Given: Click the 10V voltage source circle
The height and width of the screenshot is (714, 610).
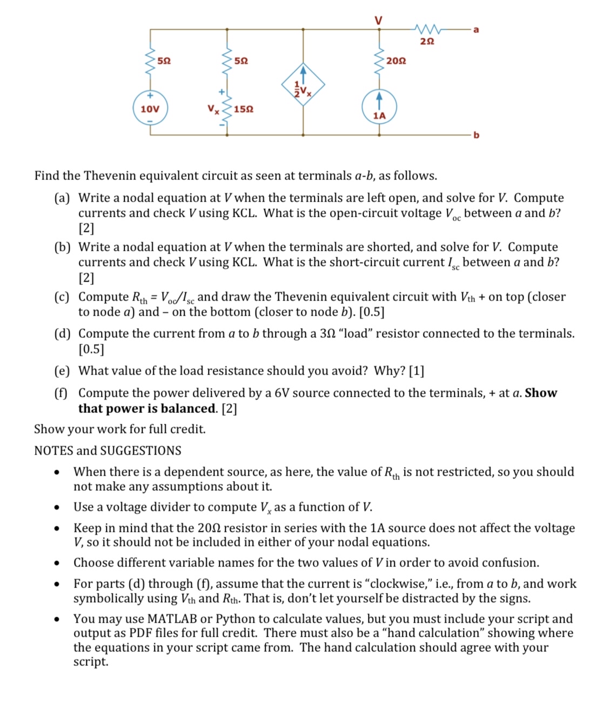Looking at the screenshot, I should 150,109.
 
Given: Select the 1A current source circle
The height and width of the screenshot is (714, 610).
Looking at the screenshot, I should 379,108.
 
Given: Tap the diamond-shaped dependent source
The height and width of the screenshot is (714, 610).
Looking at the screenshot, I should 303,85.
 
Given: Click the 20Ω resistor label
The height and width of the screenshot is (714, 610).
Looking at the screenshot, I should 396,61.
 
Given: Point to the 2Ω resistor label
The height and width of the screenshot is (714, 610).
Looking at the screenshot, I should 427,41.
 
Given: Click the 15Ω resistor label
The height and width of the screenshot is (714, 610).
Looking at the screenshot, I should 244,109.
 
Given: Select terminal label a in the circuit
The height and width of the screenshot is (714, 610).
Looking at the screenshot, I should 475,30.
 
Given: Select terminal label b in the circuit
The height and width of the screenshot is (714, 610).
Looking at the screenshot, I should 476,135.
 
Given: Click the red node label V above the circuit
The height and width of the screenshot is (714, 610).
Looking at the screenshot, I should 379,20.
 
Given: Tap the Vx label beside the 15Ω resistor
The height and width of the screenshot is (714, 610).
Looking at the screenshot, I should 214,109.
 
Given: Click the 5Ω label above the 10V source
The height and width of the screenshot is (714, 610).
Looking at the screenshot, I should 164,61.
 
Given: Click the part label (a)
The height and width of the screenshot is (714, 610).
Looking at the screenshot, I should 62,198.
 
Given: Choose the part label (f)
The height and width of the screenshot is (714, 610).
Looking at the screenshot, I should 61,393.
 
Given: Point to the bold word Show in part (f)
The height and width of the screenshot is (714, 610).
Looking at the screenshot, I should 541,393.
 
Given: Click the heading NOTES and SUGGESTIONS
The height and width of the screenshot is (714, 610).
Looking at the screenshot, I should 108,450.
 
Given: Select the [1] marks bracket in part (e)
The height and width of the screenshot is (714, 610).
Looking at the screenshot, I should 417,371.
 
